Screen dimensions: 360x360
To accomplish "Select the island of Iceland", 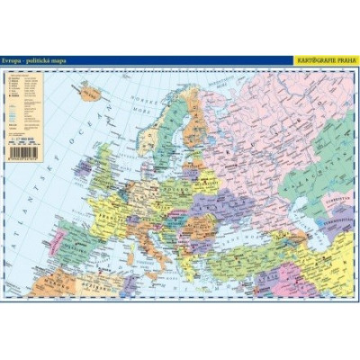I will [91, 92].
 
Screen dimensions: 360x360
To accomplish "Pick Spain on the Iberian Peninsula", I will [81, 243].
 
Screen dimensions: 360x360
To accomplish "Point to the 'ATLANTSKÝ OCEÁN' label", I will [36, 180].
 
